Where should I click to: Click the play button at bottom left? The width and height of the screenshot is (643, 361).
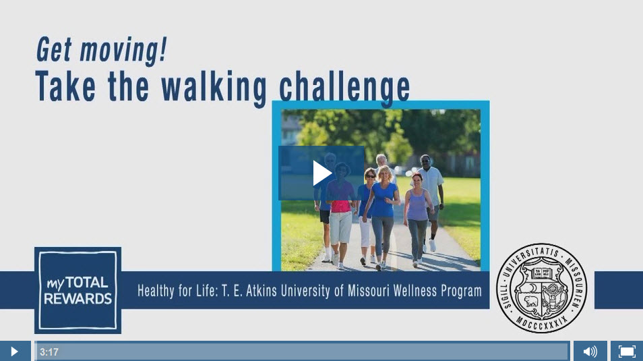point(14,352)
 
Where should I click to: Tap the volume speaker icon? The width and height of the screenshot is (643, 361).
point(590,352)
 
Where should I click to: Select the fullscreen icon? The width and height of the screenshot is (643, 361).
point(627,352)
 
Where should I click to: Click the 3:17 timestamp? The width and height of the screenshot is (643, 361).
point(49,352)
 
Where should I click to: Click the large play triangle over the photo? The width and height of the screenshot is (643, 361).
point(322,173)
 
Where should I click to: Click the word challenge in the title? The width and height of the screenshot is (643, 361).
point(344,88)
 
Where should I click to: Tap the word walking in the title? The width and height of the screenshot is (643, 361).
point(214,88)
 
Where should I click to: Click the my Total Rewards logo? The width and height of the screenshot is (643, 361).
point(78,290)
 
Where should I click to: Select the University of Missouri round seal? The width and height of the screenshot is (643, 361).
point(542,287)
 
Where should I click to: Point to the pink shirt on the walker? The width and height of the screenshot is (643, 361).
point(340,197)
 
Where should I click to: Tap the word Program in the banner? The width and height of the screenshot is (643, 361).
point(461,291)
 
